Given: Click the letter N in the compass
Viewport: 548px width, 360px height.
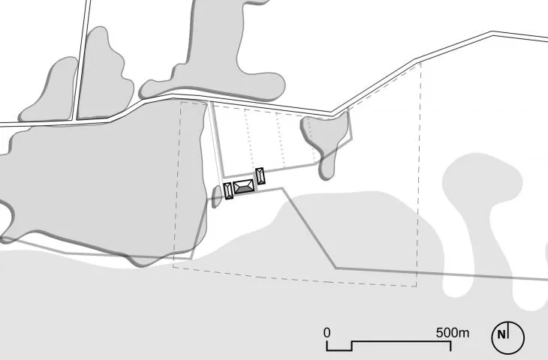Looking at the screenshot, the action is pyautogui.click(x=501, y=334).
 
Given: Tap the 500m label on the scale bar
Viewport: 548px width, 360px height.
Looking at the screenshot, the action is pyautogui.click(x=453, y=333).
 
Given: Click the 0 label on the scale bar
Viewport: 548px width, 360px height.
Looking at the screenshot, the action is pyautogui.click(x=327, y=333).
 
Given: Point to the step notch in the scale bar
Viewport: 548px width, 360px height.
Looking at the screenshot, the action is pyautogui.click(x=351, y=346).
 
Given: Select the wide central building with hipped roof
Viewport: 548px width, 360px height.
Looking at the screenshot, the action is pyautogui.click(x=243, y=187).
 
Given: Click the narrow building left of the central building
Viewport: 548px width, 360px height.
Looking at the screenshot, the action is pyautogui.click(x=228, y=191).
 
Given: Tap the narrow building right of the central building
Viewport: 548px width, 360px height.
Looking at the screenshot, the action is pyautogui.click(x=260, y=176).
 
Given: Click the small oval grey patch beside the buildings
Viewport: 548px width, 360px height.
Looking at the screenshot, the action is pyautogui.click(x=217, y=196).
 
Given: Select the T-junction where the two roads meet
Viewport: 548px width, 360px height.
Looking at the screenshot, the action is pyautogui.click(x=75, y=121).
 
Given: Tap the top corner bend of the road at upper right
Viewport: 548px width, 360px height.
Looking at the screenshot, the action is pyautogui.click(x=492, y=33).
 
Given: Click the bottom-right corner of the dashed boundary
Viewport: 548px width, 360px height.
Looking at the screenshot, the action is pyautogui.click(x=416, y=286).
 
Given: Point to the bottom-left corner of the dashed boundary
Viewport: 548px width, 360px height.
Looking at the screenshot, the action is pyautogui.click(x=173, y=267).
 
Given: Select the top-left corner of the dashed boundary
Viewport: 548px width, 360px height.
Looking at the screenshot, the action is pyautogui.click(x=181, y=102).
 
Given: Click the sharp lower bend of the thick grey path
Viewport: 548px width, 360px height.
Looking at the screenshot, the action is pyautogui.click(x=336, y=268).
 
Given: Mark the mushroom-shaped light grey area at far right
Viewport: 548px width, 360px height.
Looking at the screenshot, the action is pyautogui.click(x=489, y=209).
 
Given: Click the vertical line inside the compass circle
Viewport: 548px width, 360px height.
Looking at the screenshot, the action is pyautogui.click(x=508, y=330).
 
